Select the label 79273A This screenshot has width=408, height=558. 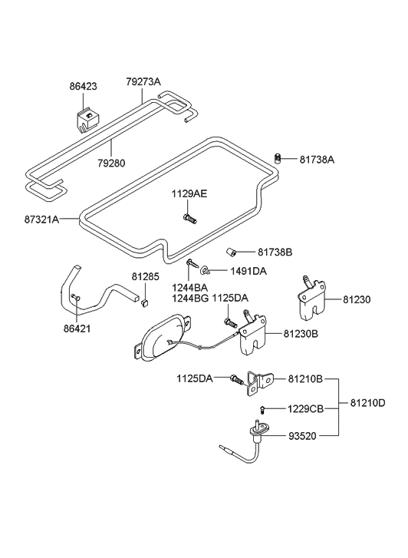pyautogui.click(x=143, y=81)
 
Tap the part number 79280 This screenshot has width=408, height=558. pyautogui.click(x=111, y=163)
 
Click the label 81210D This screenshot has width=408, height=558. pyautogui.click(x=367, y=402)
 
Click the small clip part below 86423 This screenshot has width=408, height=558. pyautogui.click(x=86, y=121)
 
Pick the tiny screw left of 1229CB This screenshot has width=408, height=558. pyautogui.click(x=264, y=408)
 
